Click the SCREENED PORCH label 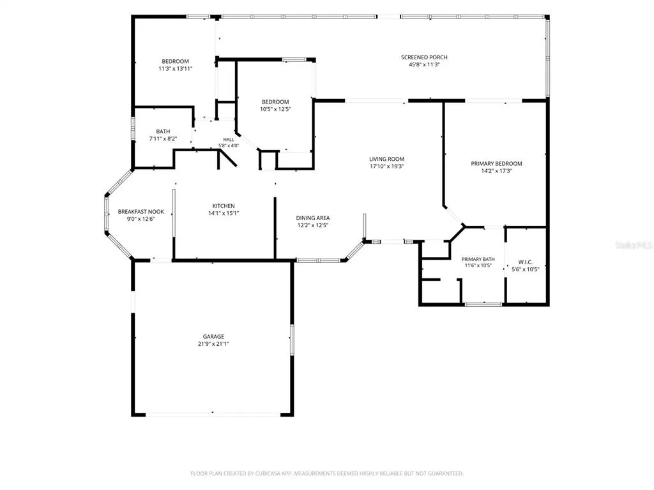(424, 57)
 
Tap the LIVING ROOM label (386, 159)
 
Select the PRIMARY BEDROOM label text (496, 164)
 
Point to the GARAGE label (213, 337)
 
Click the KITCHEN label (224, 206)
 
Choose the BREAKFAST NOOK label (141, 212)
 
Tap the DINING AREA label (313, 218)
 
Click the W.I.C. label (525, 262)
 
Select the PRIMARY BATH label (478, 259)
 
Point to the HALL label (229, 140)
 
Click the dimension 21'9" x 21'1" (213, 344)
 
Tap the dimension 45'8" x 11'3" (424, 64)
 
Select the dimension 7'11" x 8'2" (163, 138)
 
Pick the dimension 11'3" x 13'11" (175, 69)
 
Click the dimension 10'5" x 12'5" (275, 109)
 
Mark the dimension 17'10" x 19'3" (386, 167)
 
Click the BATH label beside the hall (163, 131)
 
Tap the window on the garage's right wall (292, 339)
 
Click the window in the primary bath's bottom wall (483, 304)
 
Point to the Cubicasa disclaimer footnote (327, 473)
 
